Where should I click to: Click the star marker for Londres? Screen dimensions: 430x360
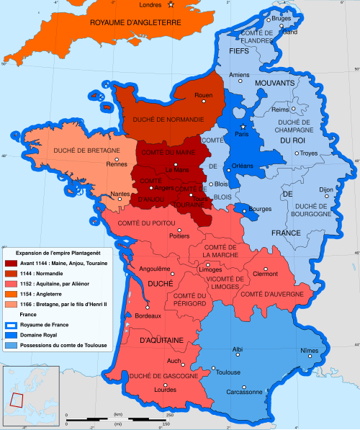point(171,6)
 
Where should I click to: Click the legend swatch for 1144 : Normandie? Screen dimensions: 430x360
point(12,272)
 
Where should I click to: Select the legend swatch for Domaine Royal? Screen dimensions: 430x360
point(12,336)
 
